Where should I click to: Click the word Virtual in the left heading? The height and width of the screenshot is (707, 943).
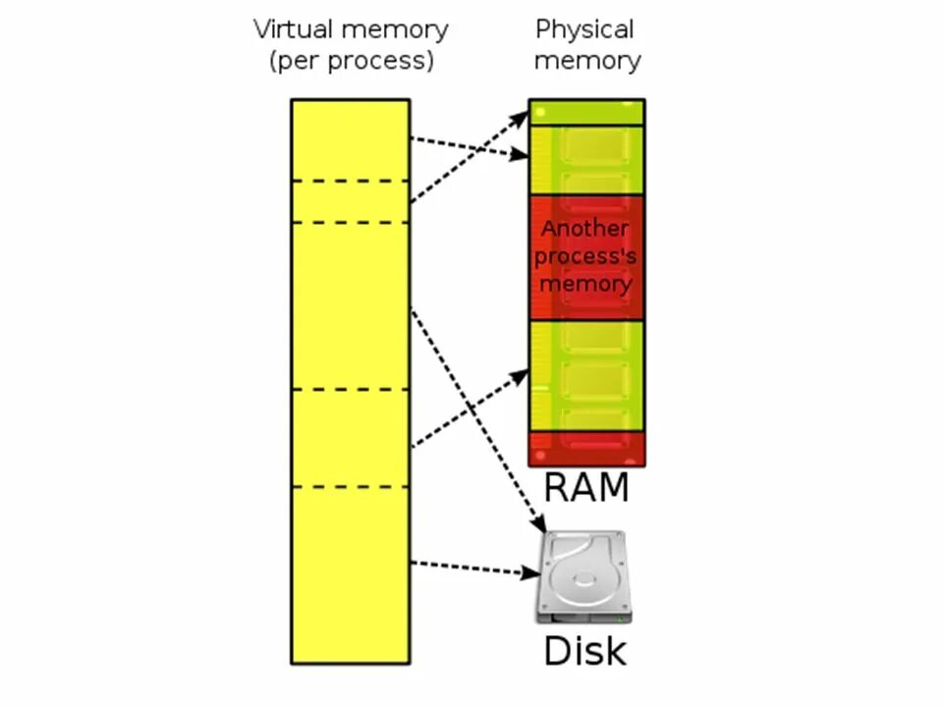click(294, 29)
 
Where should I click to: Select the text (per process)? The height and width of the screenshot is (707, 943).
click(351, 61)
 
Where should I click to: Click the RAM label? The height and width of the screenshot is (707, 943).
click(585, 486)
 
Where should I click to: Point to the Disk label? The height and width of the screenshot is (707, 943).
click(584, 650)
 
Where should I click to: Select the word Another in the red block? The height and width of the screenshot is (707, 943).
click(585, 229)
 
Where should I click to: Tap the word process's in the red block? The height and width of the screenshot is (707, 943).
click(586, 256)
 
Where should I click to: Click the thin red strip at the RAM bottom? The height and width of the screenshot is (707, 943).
click(586, 448)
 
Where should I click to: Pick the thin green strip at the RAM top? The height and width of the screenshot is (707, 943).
click(586, 112)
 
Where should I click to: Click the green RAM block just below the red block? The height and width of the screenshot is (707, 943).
click(586, 375)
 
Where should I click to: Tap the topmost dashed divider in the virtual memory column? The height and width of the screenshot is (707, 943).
click(350, 181)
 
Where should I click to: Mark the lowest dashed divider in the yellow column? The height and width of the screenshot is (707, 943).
click(350, 487)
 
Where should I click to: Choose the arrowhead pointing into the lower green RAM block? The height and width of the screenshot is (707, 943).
click(521, 376)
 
